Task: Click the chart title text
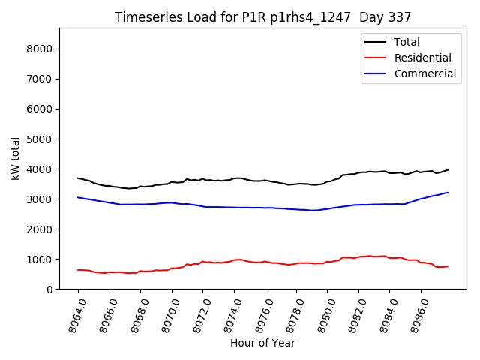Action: pyautogui.click(x=263, y=16)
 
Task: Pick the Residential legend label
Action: pyautogui.click(x=422, y=58)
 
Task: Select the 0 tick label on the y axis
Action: pyautogui.click(x=53, y=289)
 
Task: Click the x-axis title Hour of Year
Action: pyautogui.click(x=262, y=343)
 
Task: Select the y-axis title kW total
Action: pyautogui.click(x=16, y=158)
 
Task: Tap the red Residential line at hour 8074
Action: pyautogui.click(x=234, y=259)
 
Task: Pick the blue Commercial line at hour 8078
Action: pyautogui.click(x=296, y=209)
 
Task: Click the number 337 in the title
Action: pyautogui.click(x=398, y=16)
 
